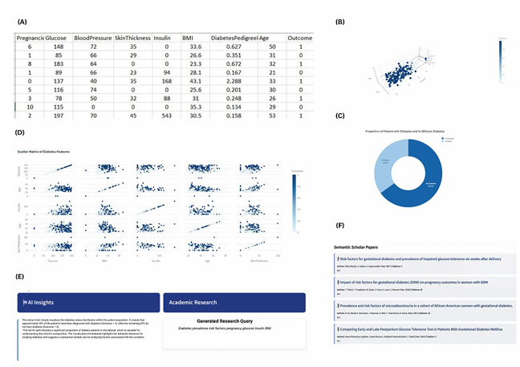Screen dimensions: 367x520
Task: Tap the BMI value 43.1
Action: tap(189, 81)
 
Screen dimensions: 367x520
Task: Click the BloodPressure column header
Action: tap(92, 37)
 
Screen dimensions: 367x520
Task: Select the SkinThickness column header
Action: tap(131, 37)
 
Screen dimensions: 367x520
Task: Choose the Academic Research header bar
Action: tap(234, 302)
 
